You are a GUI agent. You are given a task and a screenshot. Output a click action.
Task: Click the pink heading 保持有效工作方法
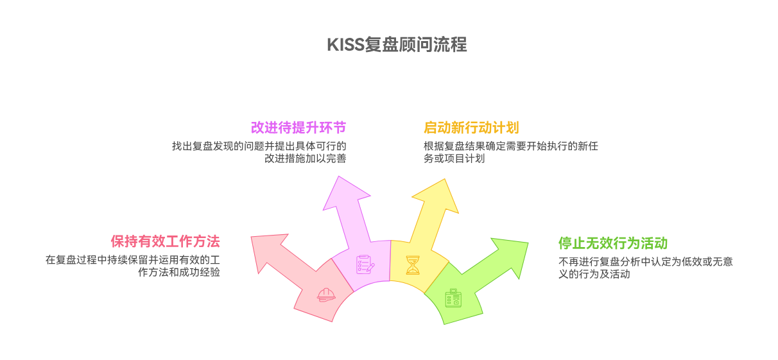click(x=165, y=241)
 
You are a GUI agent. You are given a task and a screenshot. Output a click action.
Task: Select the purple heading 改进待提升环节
click(x=298, y=127)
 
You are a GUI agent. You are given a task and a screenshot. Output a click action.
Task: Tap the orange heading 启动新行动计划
click(x=471, y=127)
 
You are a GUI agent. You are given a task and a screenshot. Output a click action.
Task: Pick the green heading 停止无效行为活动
click(x=613, y=243)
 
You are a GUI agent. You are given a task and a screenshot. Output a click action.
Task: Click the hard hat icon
click(x=326, y=295)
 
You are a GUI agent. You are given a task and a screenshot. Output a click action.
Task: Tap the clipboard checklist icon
click(x=365, y=264)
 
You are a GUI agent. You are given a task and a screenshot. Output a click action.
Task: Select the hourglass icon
click(x=412, y=264)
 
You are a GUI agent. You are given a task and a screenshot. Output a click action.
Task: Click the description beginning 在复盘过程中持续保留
click(x=133, y=266)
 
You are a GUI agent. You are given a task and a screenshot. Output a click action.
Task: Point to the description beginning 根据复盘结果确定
click(x=510, y=152)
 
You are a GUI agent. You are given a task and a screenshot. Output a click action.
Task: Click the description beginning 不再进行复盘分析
click(x=645, y=268)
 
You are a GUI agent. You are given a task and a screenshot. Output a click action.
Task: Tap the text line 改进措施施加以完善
click(x=305, y=159)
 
